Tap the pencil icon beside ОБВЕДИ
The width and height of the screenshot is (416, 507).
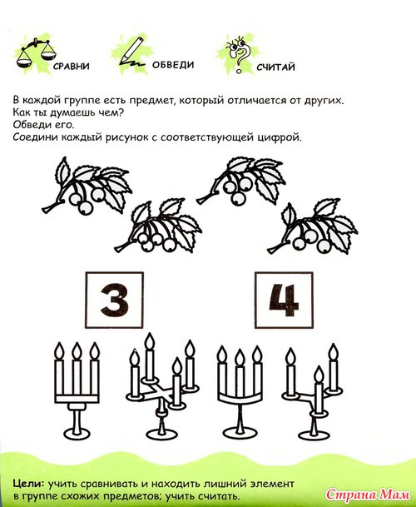(x=131, y=52)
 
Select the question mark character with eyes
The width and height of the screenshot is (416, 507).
(x=240, y=53)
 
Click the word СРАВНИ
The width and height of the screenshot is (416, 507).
(x=71, y=67)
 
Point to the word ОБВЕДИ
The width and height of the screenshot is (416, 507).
(x=173, y=65)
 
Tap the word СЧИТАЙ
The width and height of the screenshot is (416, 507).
(x=275, y=67)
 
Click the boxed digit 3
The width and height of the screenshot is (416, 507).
(x=115, y=300)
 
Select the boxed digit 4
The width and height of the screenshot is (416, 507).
(x=284, y=300)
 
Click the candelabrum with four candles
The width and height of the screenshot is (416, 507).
(x=162, y=385)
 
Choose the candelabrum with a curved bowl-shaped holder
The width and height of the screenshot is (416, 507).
(x=240, y=390)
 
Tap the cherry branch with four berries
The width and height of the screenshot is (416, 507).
(x=158, y=226)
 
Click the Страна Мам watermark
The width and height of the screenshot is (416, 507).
(x=368, y=495)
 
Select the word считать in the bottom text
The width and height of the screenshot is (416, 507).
(x=219, y=496)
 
